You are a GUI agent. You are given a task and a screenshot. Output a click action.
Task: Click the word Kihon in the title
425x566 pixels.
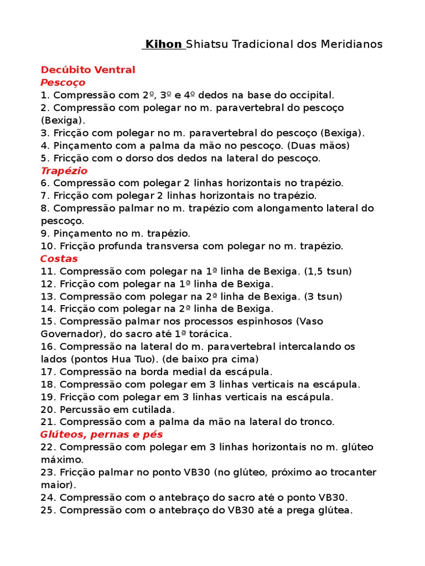point(163,44)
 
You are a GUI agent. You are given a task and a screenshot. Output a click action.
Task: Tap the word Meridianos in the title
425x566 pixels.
point(351,44)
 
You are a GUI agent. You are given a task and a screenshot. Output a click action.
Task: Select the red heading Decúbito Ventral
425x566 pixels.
point(88,70)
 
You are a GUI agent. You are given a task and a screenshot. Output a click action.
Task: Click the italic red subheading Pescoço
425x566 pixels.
point(63,82)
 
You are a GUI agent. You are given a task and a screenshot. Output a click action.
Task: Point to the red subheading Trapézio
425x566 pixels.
point(64,170)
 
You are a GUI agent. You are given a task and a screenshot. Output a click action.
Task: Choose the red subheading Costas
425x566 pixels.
point(59,258)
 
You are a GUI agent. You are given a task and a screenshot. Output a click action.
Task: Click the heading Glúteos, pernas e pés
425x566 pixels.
point(102,434)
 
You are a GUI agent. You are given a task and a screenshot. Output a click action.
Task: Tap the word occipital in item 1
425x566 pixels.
point(312,95)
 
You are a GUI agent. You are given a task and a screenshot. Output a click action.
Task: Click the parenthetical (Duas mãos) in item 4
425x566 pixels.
point(320,145)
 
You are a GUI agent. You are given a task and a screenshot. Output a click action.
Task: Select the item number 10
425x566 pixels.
point(47,246)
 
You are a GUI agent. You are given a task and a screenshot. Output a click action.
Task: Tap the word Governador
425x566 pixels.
point(68,334)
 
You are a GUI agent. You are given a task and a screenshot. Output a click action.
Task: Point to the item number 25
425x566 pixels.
point(47,510)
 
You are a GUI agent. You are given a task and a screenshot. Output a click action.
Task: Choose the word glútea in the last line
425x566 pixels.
point(334,510)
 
